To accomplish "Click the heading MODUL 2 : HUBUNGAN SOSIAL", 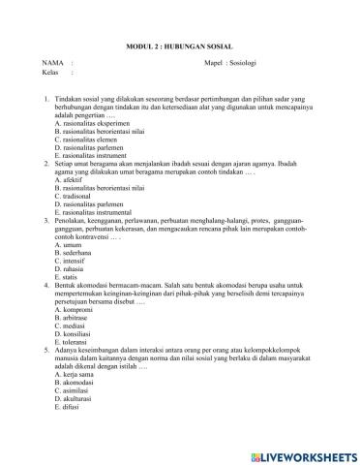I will click(181, 46).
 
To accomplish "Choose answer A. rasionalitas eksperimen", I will click(95, 124).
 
